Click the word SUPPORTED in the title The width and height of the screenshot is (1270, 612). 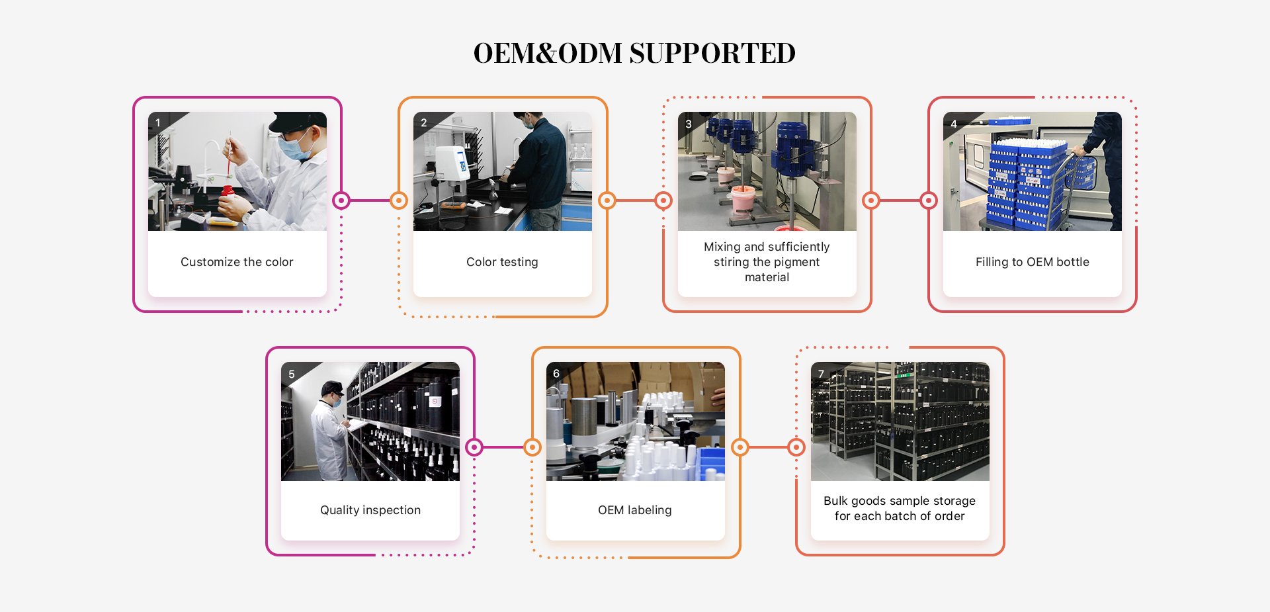click(x=712, y=53)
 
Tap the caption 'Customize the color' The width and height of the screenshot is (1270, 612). click(x=237, y=262)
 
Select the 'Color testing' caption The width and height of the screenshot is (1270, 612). click(x=502, y=262)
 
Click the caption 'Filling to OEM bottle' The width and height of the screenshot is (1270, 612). click(x=1032, y=262)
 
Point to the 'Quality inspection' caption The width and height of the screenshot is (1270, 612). click(x=370, y=510)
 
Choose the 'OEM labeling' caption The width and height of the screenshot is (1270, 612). click(x=634, y=510)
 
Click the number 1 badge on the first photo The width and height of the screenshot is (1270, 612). click(x=158, y=123)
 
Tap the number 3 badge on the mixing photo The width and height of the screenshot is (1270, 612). click(x=689, y=124)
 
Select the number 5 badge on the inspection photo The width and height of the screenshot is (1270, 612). click(x=292, y=374)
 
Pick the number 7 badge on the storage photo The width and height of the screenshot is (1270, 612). click(x=822, y=374)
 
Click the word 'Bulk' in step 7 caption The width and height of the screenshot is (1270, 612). click(x=835, y=501)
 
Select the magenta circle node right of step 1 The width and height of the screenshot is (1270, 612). click(x=341, y=200)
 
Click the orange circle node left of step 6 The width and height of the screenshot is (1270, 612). click(x=532, y=448)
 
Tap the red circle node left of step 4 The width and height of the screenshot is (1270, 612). click(x=929, y=200)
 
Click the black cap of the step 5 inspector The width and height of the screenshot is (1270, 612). click(x=331, y=386)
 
